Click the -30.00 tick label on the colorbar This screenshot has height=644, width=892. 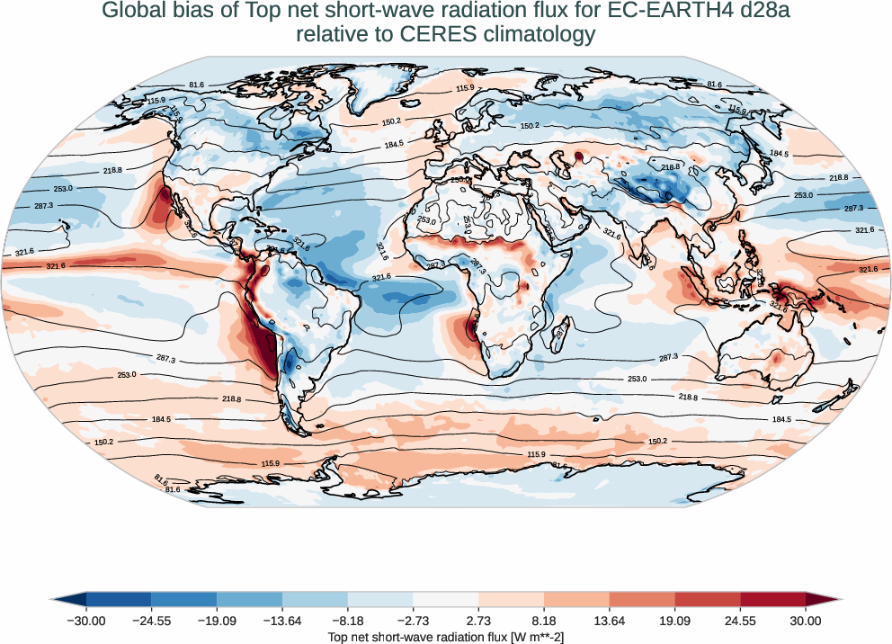click(86, 621)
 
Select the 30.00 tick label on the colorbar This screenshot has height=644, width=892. click(806, 621)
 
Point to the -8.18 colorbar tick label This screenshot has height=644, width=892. click(348, 621)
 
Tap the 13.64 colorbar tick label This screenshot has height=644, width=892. click(610, 621)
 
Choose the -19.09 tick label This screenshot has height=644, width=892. click(217, 621)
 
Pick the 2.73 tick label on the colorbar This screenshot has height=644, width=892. click(478, 621)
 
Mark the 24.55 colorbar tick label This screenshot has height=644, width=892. click(740, 621)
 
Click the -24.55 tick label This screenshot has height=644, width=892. click(152, 621)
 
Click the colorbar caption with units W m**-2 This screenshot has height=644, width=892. click(446, 637)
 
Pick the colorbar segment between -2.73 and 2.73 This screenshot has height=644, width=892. click(446, 599)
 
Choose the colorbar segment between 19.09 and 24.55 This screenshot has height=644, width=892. click(708, 599)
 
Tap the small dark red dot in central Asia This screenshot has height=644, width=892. click(578, 157)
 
